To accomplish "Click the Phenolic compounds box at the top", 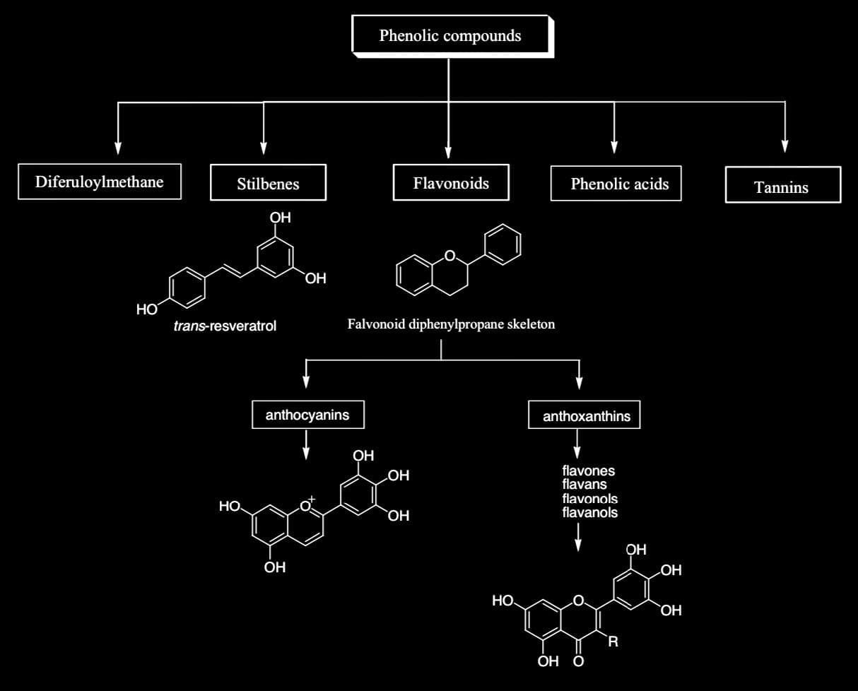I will (x=449, y=35).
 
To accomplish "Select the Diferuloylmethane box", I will (x=99, y=182).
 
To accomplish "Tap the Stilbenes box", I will (x=268, y=184).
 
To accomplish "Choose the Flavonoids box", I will (x=451, y=183).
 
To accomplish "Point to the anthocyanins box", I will (x=307, y=415).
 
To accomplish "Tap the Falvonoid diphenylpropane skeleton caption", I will (x=451, y=324).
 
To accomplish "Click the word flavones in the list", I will (x=589, y=471).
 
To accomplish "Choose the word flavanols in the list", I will (x=590, y=512).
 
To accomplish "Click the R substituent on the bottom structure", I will (x=613, y=642).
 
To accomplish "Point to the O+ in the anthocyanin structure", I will (x=307, y=505).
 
